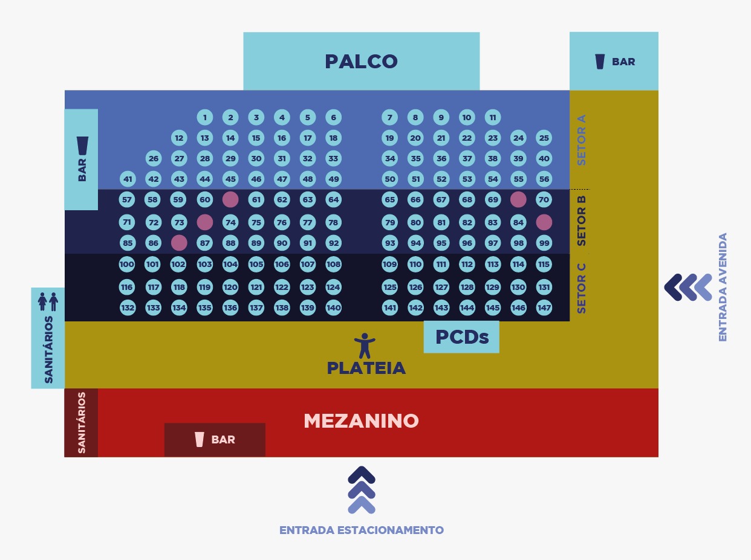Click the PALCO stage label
pos(361,62)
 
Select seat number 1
pos(205,117)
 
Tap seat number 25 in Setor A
pos(544,138)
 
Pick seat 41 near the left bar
pos(128,179)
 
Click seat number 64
pos(333,199)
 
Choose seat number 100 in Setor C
pos(127,264)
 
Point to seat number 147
pos(544,307)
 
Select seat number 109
pos(390,264)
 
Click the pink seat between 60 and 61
pos(230,199)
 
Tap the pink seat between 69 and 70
pos(518,199)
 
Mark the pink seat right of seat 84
pos(544,222)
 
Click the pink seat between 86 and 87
pos(179,243)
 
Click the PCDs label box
pos(461,336)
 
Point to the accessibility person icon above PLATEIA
pos(365,345)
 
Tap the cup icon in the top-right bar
pos(600,62)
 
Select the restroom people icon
pos(48,301)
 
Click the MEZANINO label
pos(361,420)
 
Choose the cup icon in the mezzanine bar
pos(200,439)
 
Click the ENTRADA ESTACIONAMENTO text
pos(361,530)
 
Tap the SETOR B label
pos(581,220)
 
